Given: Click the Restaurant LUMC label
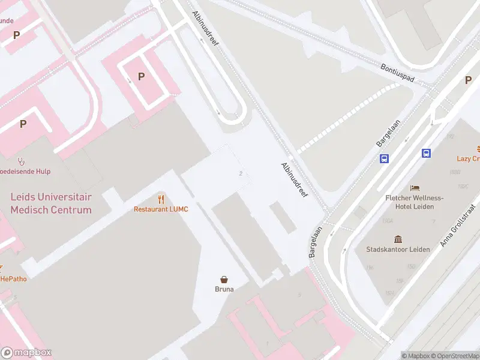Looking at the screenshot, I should pyautogui.click(x=160, y=209).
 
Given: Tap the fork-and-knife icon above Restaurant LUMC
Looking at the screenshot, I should pyautogui.click(x=161, y=199).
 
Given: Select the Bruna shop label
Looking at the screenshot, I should pyautogui.click(x=224, y=289).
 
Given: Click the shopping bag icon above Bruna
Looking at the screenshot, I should pyautogui.click(x=224, y=279).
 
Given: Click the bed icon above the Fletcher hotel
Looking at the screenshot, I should pyautogui.click(x=415, y=188).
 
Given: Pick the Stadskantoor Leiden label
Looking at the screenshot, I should pyautogui.click(x=398, y=249).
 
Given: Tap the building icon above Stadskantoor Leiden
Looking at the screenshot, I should pyautogui.click(x=398, y=239).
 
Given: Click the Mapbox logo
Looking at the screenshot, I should pyautogui.click(x=26, y=353).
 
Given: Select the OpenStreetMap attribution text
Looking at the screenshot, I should pyautogui.click(x=454, y=356).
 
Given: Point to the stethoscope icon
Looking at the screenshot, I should pyautogui.click(x=22, y=161).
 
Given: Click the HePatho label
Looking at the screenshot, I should pyautogui.click(x=13, y=278).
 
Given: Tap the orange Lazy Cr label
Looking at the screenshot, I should pyautogui.click(x=468, y=158).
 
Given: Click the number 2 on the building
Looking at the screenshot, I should pyautogui.click(x=241, y=173).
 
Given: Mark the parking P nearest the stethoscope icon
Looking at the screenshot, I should pyautogui.click(x=23, y=124).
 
